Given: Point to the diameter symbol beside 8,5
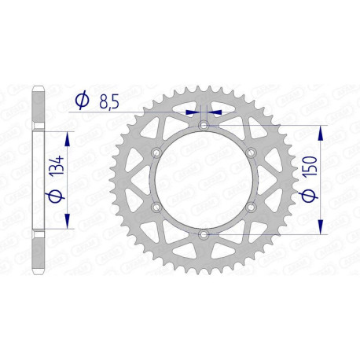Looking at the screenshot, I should click(x=81, y=100).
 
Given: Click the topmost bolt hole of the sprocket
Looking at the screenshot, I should click(x=204, y=126).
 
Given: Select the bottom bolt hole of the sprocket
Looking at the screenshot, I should click(x=204, y=234).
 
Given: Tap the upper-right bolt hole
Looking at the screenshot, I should click(x=251, y=152).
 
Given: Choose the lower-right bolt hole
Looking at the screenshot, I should click(x=251, y=208).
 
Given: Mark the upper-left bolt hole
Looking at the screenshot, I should click(x=156, y=152).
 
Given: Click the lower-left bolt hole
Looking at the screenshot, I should click(x=156, y=208).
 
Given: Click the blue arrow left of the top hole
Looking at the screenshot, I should click(x=192, y=112).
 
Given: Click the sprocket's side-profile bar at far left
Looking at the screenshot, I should click(x=36, y=180).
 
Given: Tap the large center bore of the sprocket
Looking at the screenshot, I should click(x=204, y=180).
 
